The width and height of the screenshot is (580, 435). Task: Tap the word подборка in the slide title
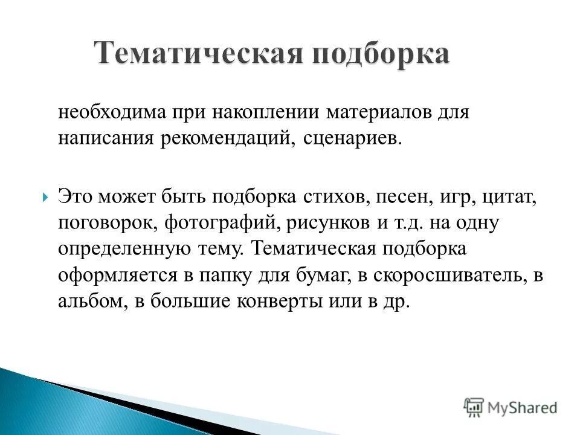[380, 54]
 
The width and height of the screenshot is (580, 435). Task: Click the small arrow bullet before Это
[46, 196]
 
